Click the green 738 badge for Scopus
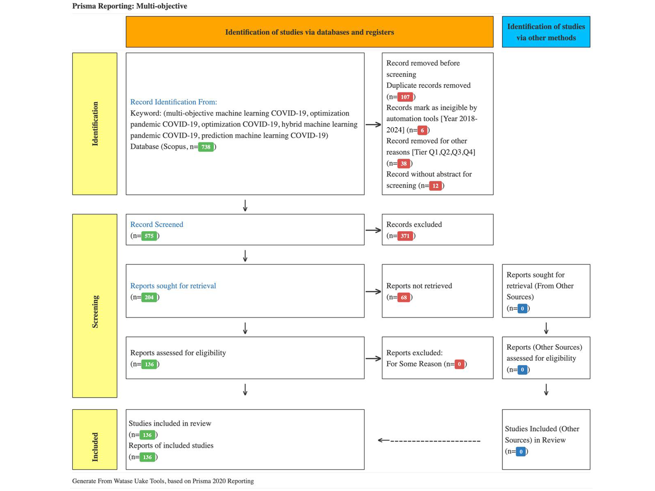pos(206,147)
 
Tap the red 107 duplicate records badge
pos(405,97)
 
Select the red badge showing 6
pos(422,130)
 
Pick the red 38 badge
pos(404,164)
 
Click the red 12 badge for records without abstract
pos(436,186)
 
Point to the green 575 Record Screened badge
pos(149,236)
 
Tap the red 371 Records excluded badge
pos(405,236)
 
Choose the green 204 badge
pos(149,297)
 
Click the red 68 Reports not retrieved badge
pos(404,297)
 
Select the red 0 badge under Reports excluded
pos(460,364)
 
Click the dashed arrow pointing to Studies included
pos(429,441)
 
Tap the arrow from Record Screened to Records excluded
pos(373,230)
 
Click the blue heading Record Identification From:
pos(174,102)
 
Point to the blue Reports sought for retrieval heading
pos(173,286)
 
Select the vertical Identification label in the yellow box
pos(95,124)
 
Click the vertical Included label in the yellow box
pos(95,447)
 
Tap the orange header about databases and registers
pos(309,32)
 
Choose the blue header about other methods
pos(546,32)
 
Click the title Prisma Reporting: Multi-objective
pos(130,6)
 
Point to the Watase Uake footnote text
pos(163,481)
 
